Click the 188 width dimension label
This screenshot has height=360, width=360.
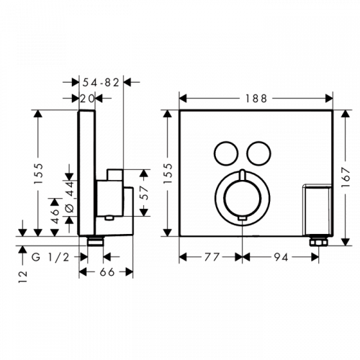pyautogui.click(x=256, y=99)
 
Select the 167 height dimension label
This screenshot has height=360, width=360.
pyautogui.click(x=346, y=178)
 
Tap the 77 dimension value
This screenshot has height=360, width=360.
pyautogui.click(x=212, y=257)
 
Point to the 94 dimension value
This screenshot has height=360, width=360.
pyautogui.click(x=281, y=257)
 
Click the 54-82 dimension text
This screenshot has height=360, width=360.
pyautogui.click(x=101, y=83)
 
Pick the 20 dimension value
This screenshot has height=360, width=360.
pyautogui.click(x=86, y=99)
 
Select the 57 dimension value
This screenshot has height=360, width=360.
pyautogui.click(x=144, y=193)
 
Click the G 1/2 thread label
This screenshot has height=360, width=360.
pyautogui.click(x=50, y=257)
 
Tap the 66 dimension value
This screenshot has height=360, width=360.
pyautogui.click(x=107, y=272)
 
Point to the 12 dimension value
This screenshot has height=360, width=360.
pyautogui.click(x=23, y=276)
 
